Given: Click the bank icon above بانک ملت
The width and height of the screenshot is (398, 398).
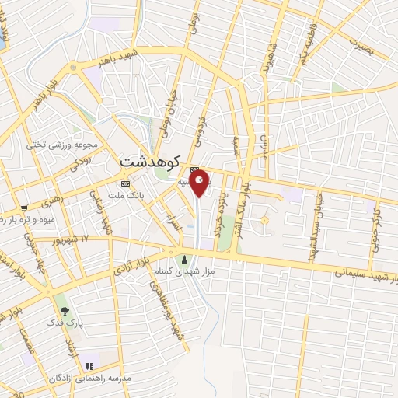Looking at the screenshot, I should pos(125,183).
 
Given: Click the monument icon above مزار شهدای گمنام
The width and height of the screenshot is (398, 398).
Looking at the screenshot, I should pos(185,259).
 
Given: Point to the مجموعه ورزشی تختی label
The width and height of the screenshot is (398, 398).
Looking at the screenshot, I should pos(61,145).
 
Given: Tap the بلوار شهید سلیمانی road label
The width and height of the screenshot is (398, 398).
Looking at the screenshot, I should pos(366,276).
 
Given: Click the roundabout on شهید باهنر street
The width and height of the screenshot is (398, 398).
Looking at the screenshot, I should pos(75,68).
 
